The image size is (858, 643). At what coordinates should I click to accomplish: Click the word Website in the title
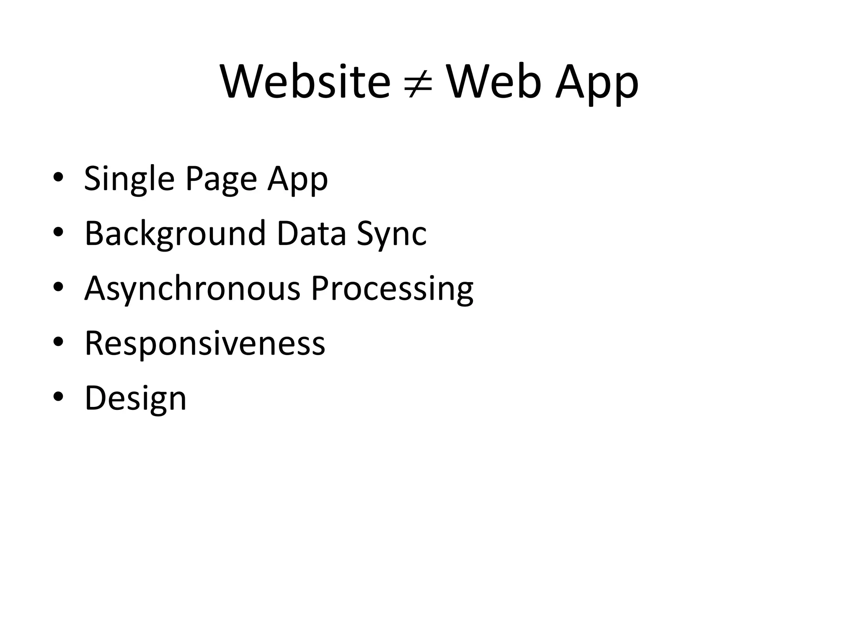[x=305, y=82]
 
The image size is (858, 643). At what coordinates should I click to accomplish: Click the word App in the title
[x=597, y=84]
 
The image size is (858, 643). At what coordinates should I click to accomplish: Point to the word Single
[x=129, y=179]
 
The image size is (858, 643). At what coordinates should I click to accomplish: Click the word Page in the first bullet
[x=221, y=179]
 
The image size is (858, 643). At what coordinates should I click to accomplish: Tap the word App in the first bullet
[x=298, y=179]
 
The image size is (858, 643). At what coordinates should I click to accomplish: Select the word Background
[x=175, y=234]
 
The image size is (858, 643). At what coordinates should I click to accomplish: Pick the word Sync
[x=392, y=234]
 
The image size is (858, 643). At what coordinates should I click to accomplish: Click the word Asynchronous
[x=192, y=289]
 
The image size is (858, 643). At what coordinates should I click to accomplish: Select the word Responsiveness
[x=205, y=343]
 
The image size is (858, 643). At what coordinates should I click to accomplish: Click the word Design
[x=135, y=399]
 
